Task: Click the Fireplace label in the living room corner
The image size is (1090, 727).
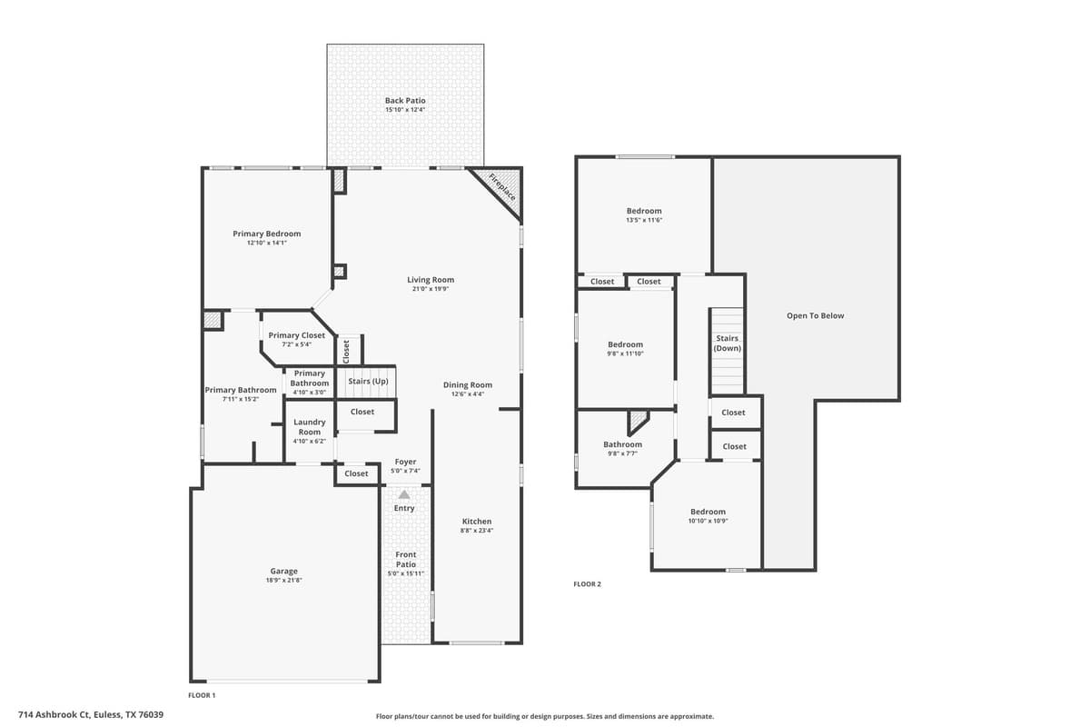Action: [502, 187]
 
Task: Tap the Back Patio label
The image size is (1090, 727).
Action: [405, 101]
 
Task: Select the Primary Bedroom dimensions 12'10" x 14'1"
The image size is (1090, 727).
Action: [266, 243]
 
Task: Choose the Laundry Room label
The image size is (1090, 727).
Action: [309, 426]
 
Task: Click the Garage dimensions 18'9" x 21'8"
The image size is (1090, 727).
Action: [283, 580]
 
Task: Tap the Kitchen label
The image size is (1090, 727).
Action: [477, 522]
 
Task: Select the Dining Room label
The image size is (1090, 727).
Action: [468, 385]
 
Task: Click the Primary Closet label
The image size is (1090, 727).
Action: [296, 335]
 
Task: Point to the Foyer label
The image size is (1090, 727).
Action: [405, 462]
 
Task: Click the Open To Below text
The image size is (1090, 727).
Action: [815, 316]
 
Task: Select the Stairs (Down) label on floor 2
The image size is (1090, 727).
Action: [728, 344]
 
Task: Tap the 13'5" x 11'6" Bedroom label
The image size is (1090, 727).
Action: [644, 211]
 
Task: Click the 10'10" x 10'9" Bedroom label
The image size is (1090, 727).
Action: [708, 512]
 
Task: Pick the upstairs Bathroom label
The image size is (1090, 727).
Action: [622, 444]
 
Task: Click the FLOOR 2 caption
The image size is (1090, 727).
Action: [587, 584]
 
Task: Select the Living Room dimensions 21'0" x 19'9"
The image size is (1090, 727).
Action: [430, 289]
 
